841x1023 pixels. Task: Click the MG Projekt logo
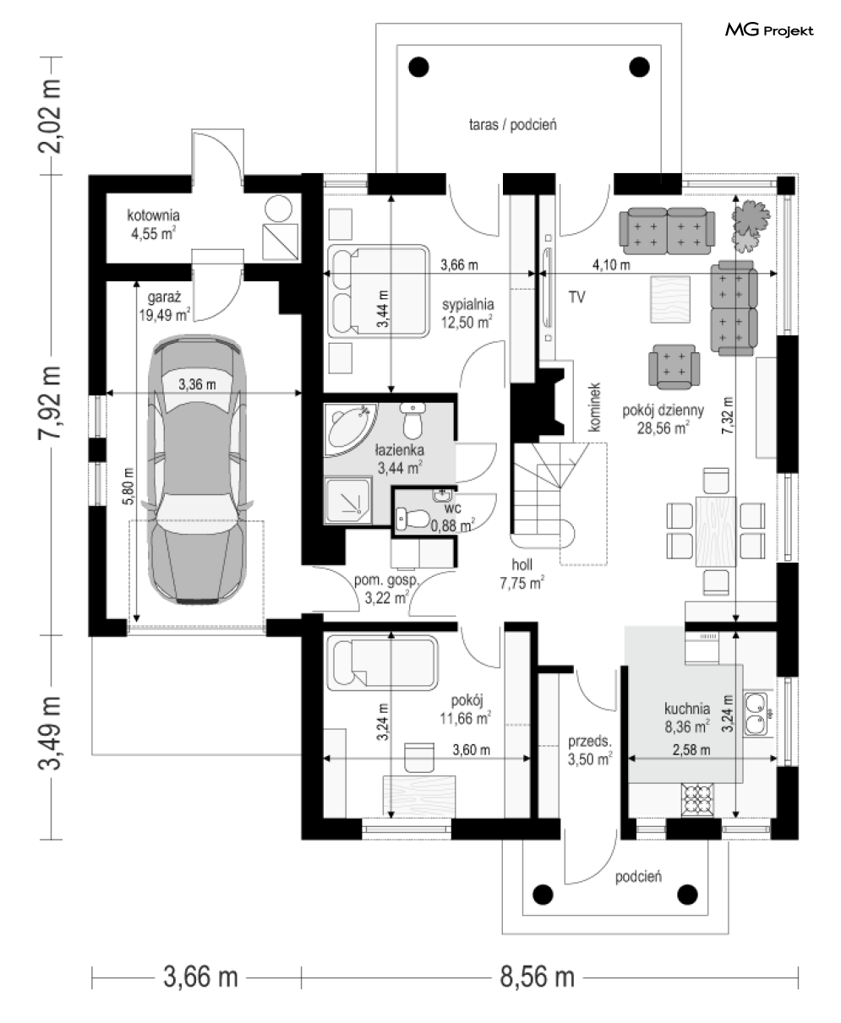tap(769, 30)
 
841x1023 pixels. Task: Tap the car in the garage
tap(197, 470)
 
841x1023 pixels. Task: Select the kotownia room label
tap(153, 215)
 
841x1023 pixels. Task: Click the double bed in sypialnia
tap(379, 291)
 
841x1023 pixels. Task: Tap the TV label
tap(577, 297)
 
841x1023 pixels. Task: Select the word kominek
tap(594, 407)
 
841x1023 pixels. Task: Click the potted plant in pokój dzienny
tap(751, 225)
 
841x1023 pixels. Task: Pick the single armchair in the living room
tap(674, 367)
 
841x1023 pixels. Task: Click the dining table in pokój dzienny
tap(716, 531)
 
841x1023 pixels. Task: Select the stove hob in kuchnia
tap(697, 799)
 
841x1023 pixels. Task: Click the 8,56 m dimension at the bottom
tap(538, 977)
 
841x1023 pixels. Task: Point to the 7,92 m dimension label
tap(50, 403)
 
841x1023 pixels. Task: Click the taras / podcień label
tap(512, 125)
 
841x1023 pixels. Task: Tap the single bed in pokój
tap(382, 665)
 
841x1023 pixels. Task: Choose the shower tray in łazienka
tap(348, 502)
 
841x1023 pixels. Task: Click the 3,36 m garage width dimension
tap(197, 384)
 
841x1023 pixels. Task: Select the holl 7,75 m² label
tap(522, 574)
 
